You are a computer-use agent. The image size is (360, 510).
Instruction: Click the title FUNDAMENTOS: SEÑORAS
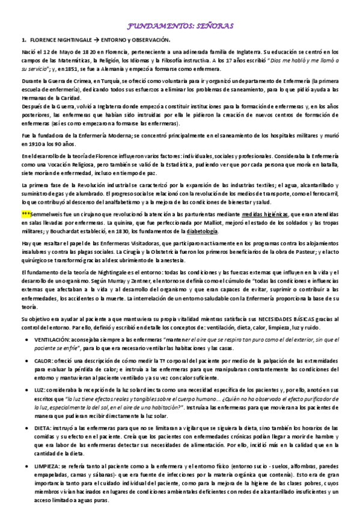point(180,26)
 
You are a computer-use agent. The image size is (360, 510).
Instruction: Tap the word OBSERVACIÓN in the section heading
point(152,40)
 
